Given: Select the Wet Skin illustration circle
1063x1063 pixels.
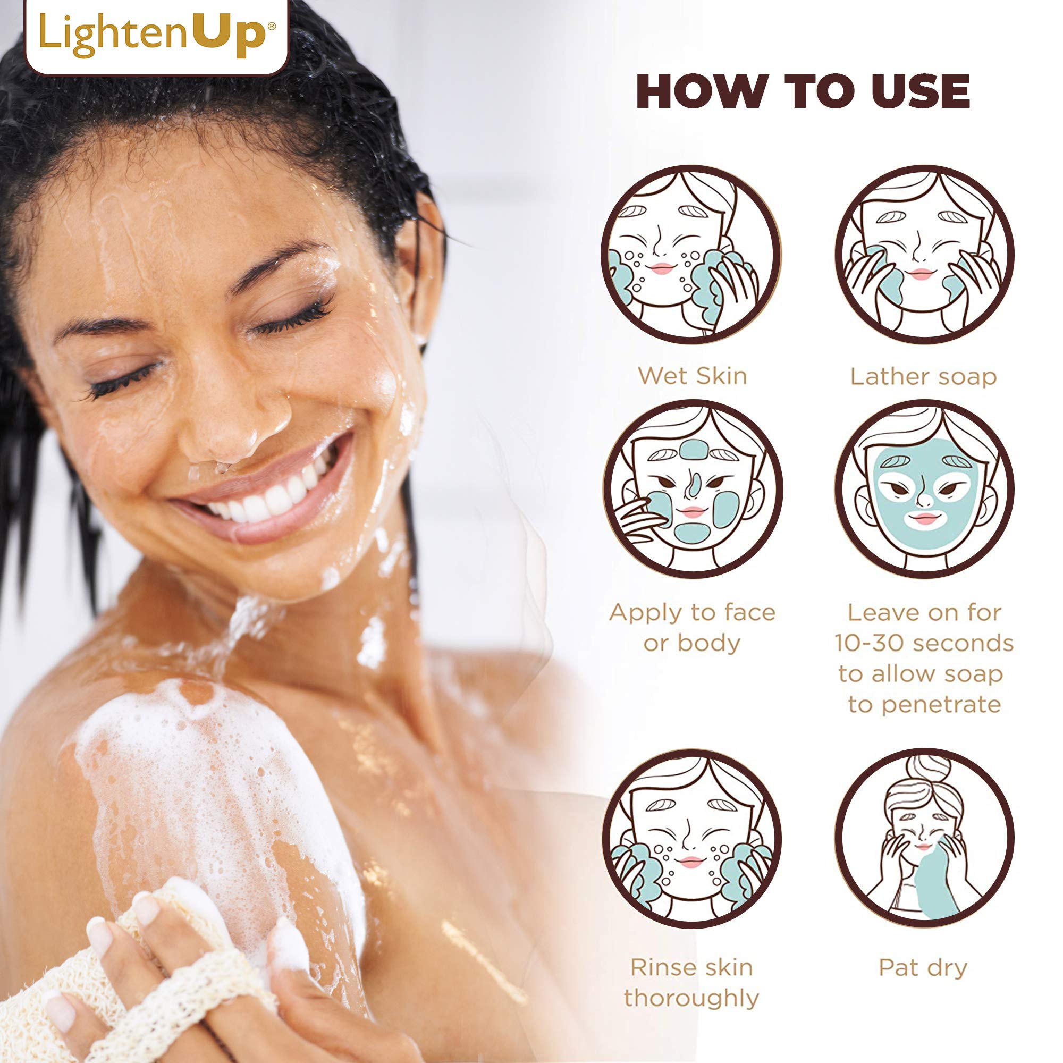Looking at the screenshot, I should tap(691, 254).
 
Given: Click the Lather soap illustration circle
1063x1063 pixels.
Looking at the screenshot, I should tap(924, 254).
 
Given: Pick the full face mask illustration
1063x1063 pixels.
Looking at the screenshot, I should tap(924, 489).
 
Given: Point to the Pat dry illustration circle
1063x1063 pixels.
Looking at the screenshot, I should tap(924, 838).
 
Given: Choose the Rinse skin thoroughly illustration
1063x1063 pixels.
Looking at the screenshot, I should tap(691, 838).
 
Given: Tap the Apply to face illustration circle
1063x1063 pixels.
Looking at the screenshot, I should tap(692, 489).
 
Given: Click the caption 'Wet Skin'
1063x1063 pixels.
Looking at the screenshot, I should tap(692, 376).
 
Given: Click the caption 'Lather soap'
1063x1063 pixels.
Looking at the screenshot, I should tap(923, 377).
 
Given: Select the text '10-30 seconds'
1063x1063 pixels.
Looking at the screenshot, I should tap(924, 643).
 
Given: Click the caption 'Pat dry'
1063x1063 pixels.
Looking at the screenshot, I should tap(923, 967).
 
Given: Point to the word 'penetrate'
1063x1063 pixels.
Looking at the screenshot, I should tap(941, 705).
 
